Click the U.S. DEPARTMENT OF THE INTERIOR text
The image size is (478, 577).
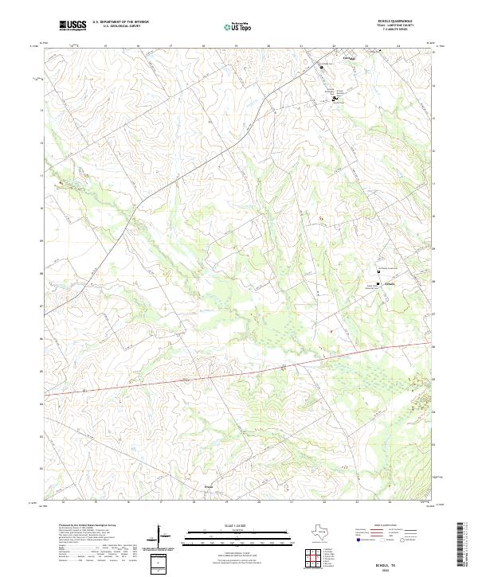coord(121,22)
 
